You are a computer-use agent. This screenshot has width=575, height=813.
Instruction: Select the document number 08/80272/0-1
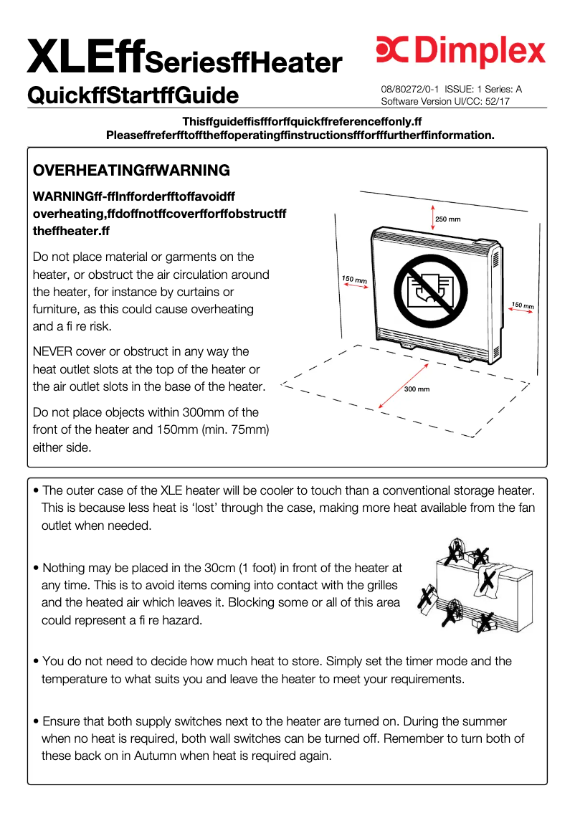point(410,90)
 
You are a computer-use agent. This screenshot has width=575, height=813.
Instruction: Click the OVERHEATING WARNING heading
point(131,171)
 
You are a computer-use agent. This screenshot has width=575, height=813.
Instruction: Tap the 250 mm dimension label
point(448,219)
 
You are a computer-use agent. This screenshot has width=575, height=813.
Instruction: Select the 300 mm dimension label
point(417,389)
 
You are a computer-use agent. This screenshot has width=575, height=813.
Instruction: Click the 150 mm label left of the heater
point(354,279)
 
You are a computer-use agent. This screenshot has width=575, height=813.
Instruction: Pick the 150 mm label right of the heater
point(522,306)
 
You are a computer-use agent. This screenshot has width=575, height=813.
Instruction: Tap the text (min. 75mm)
point(235,430)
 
